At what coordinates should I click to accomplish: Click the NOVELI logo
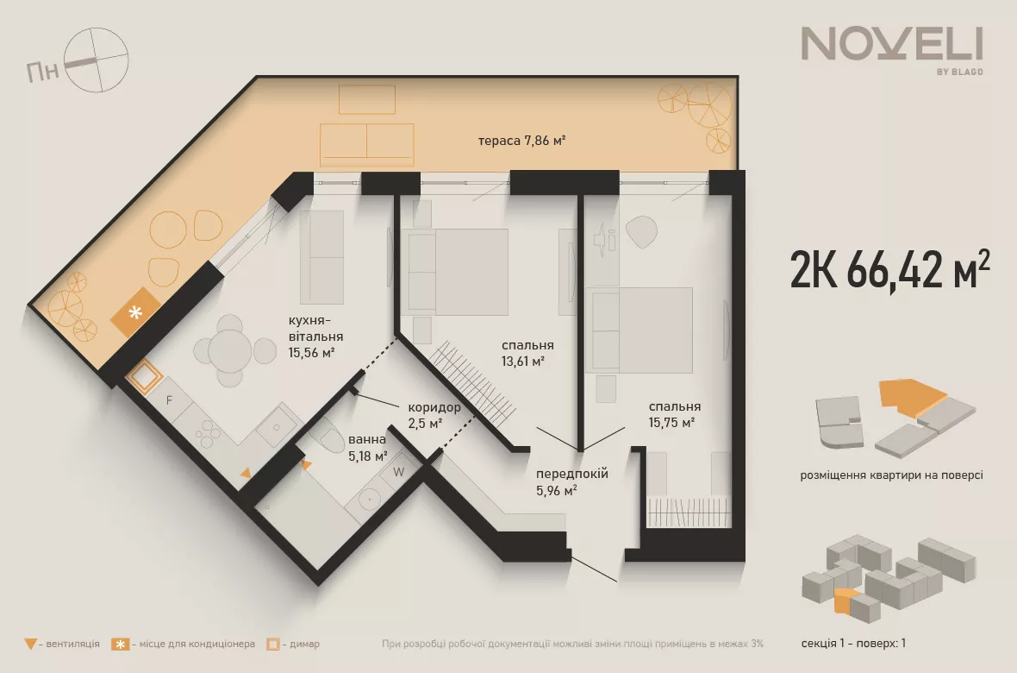click(x=892, y=51)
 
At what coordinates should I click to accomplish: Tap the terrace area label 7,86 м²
click(x=521, y=141)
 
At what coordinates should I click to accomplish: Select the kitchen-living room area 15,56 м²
click(x=315, y=337)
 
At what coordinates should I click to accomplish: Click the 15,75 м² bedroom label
click(x=675, y=414)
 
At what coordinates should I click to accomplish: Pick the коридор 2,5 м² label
click(x=434, y=415)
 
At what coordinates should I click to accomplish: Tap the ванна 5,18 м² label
click(x=368, y=448)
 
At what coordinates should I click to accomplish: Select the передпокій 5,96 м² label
click(x=572, y=482)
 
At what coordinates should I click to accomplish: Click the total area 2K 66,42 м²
click(x=889, y=269)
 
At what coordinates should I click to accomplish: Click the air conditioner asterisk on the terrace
click(x=135, y=312)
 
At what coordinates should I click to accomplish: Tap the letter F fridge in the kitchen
click(x=169, y=400)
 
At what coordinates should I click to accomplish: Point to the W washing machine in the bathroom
click(x=399, y=472)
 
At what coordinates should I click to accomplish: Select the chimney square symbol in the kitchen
click(x=143, y=376)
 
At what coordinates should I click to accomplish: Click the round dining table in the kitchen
click(x=229, y=351)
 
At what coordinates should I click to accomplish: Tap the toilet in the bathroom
click(x=328, y=436)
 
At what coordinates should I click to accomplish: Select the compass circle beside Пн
click(x=97, y=60)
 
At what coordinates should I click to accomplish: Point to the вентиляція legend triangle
click(x=30, y=644)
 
